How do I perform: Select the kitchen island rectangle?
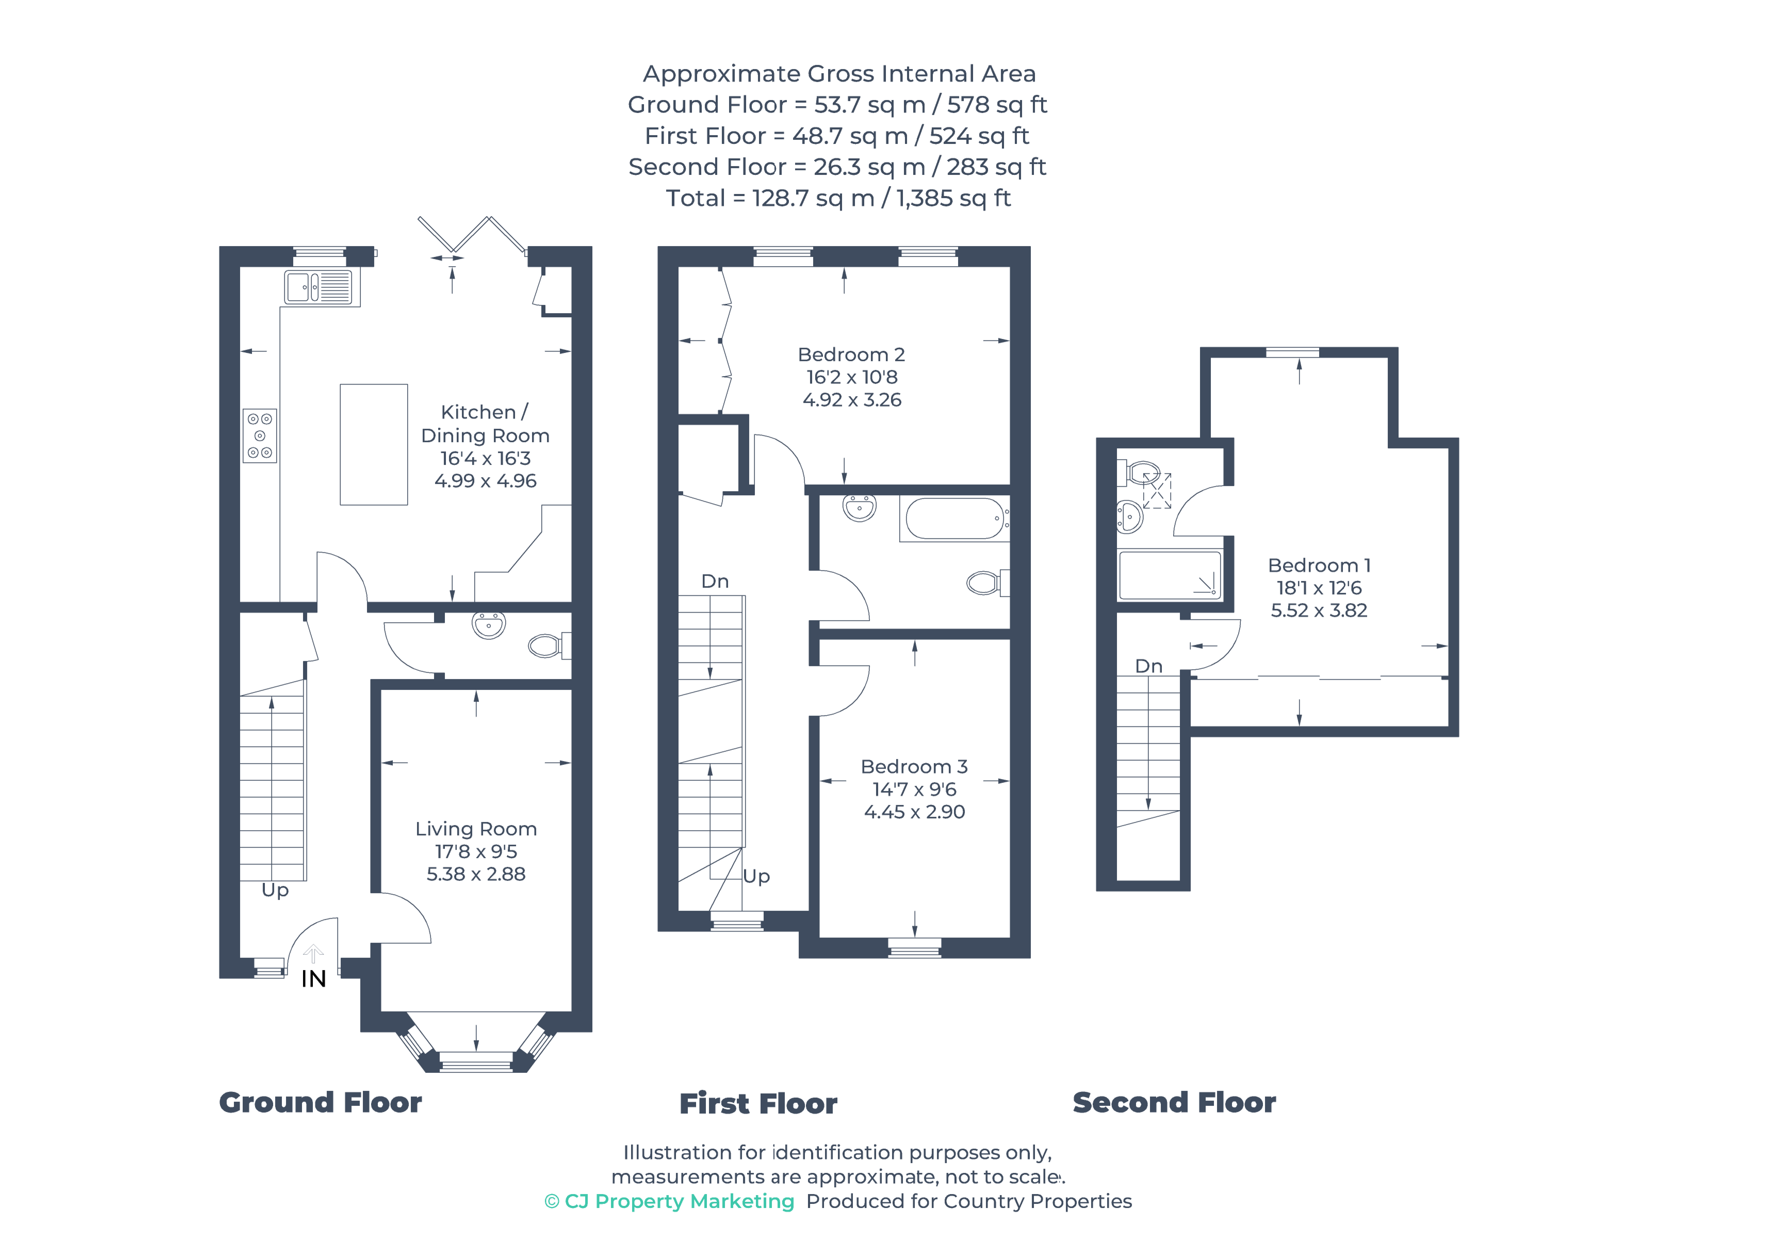[374, 444]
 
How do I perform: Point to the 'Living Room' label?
[476, 829]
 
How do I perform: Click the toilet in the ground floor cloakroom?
[549, 645]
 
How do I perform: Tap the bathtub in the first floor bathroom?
[955, 518]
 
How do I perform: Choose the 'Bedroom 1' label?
[1319, 566]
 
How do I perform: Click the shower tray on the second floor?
[1169, 575]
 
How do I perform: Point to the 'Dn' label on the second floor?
[1148, 666]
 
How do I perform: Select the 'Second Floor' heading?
[1174, 1103]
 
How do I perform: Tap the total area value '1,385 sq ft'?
[953, 198]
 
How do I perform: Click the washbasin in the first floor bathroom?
[859, 508]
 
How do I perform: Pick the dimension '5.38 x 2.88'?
[476, 874]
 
